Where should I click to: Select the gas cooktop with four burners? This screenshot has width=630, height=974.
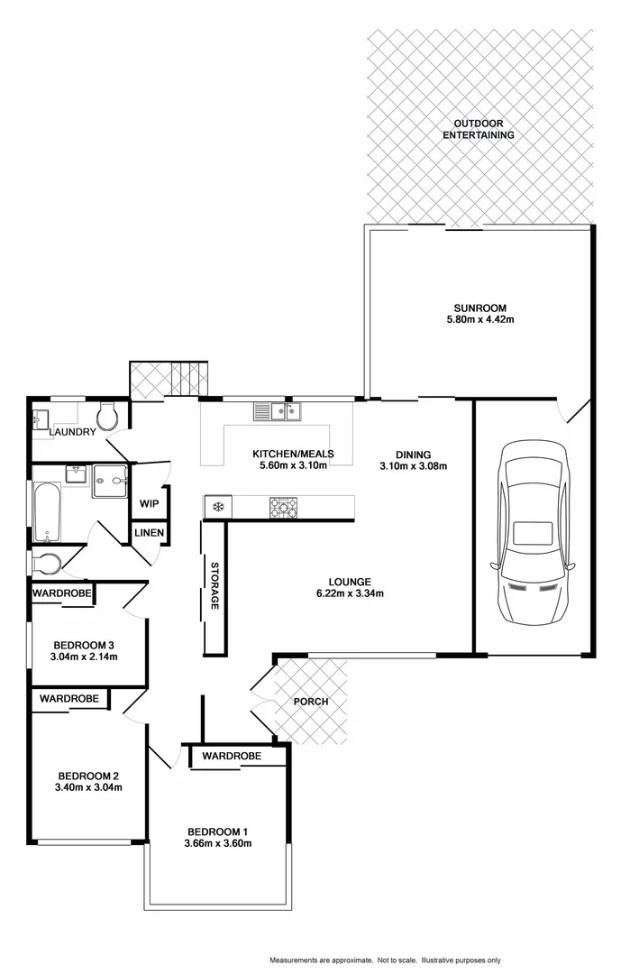[x=282, y=509]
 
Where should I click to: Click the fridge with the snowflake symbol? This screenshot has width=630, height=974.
[x=217, y=507]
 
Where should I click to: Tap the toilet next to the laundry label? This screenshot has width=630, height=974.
[x=107, y=417]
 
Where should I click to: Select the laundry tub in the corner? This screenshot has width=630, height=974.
[x=41, y=419]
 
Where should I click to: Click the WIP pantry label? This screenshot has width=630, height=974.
[x=149, y=503]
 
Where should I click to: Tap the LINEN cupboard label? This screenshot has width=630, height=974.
[x=150, y=533]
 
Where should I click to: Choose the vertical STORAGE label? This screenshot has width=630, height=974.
[x=215, y=586]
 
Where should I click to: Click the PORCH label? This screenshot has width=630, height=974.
[x=311, y=702]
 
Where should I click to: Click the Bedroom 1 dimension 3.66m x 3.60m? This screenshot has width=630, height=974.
[x=217, y=843]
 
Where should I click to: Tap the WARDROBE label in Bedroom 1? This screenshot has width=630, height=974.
[x=232, y=756]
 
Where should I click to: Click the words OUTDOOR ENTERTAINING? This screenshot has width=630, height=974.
[x=478, y=129]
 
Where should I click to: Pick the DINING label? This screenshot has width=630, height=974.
[x=413, y=455]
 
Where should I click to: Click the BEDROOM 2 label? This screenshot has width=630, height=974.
[x=88, y=776]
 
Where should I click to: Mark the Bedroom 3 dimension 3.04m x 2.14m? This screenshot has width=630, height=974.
[x=85, y=657]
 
